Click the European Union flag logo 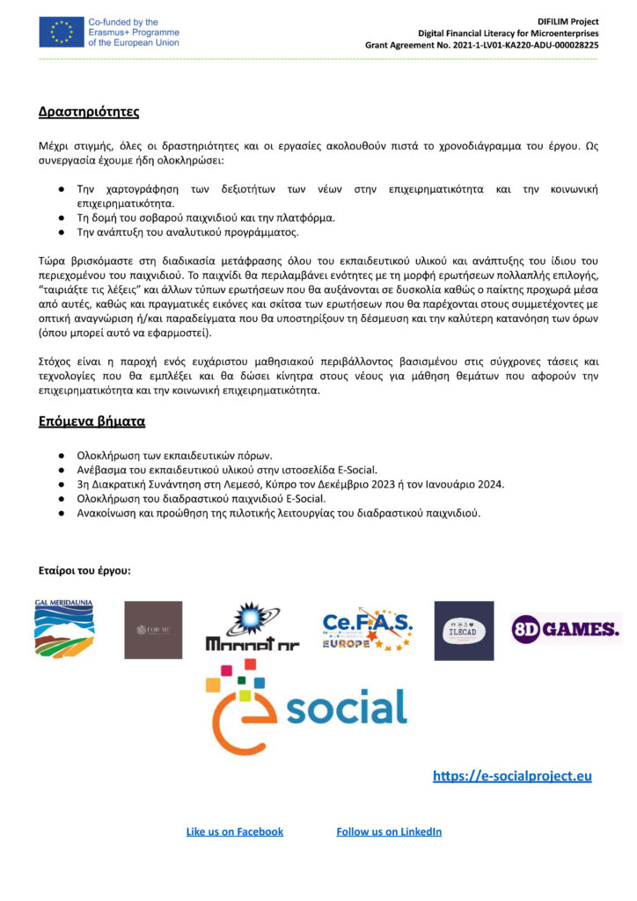pos(61,32)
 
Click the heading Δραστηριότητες pos(89,112)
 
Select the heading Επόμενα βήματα pos(92,421)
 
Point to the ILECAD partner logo pos(464,630)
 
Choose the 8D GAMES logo pos(566,628)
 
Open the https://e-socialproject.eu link pos(512,775)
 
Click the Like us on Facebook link pos(235,831)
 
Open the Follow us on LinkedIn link pos(389,831)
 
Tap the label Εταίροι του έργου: pos(84,571)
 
